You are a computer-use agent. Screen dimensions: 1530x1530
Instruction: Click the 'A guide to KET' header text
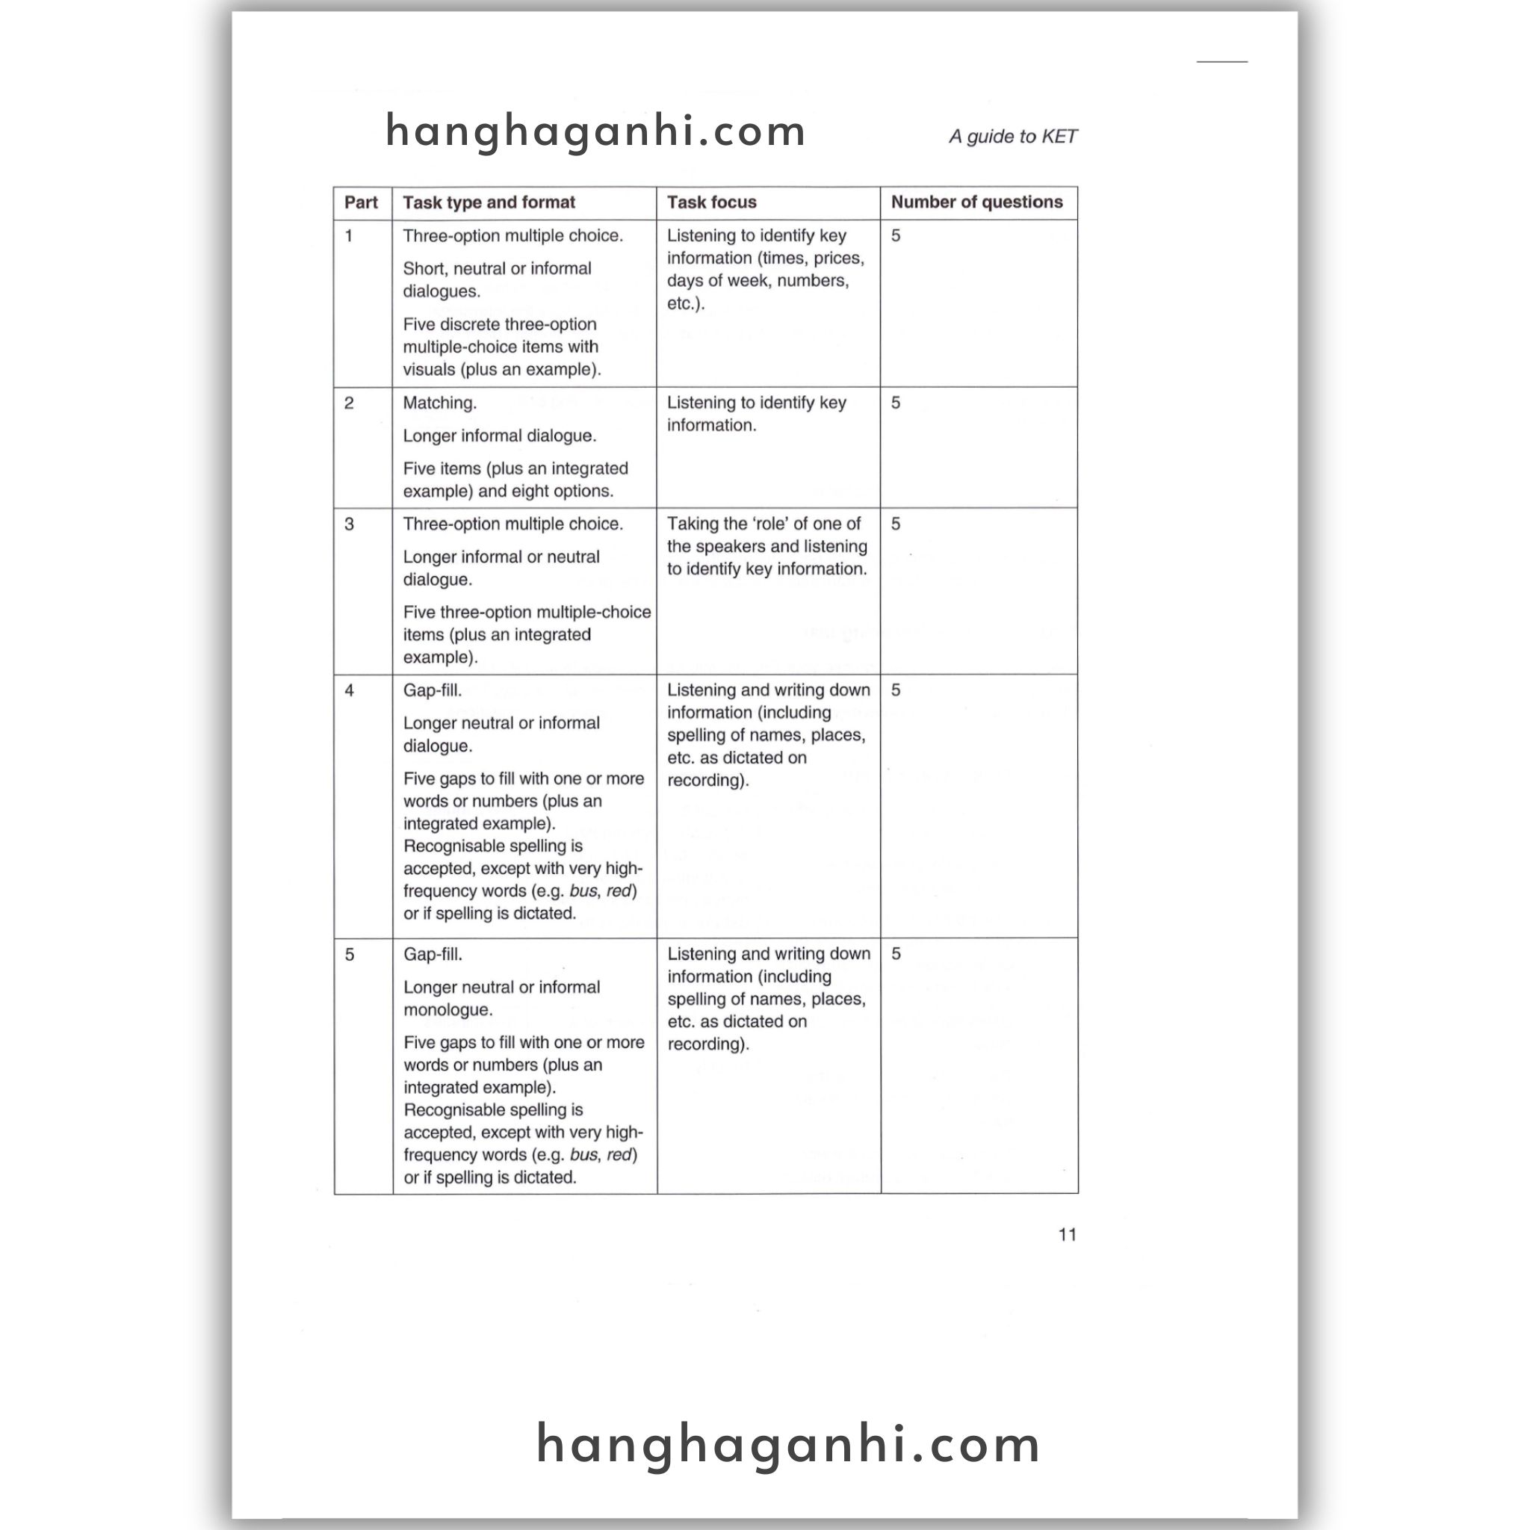[1012, 136]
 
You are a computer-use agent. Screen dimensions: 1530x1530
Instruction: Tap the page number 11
[1067, 1235]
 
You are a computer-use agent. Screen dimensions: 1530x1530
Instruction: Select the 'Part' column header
[360, 202]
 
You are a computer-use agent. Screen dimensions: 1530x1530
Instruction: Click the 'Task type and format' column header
[489, 202]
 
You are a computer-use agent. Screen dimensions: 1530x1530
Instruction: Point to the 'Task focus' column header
[711, 202]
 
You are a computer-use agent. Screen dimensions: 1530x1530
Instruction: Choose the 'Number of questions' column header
[976, 202]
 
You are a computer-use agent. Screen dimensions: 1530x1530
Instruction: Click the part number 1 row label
[348, 236]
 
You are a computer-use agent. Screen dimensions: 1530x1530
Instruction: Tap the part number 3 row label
[348, 524]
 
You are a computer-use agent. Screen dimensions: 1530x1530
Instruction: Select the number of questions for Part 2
[896, 403]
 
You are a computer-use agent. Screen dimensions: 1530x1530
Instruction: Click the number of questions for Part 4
[896, 690]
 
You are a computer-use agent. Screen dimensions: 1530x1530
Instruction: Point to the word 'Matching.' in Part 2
[439, 403]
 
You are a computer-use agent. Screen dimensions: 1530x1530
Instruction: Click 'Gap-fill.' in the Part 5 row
[433, 955]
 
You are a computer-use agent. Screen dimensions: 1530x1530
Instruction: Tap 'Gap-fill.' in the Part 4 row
[433, 690]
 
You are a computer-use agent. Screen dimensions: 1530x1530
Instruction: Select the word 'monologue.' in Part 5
[448, 1011]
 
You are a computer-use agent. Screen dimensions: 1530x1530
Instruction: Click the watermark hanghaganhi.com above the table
[595, 131]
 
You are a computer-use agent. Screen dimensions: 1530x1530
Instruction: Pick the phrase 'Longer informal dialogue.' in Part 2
[500, 436]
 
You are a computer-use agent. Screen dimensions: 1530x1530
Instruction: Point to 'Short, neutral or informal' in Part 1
[497, 269]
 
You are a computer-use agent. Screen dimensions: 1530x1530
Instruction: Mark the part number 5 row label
[349, 955]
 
